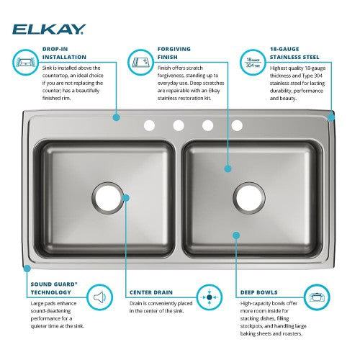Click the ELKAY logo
(x=49, y=30)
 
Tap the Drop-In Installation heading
(x=64, y=53)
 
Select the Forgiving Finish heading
(x=174, y=53)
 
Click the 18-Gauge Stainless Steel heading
(x=294, y=53)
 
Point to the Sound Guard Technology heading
(x=54, y=288)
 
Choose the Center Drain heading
(x=151, y=292)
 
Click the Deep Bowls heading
(x=258, y=292)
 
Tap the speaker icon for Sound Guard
(x=99, y=297)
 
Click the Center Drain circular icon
(x=210, y=297)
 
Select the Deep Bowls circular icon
(x=317, y=297)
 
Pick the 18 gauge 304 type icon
(x=253, y=62)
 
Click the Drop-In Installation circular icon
(x=25, y=62)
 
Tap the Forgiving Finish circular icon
(x=140, y=62)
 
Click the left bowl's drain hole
(x=108, y=198)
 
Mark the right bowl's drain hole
(x=249, y=198)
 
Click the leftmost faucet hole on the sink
(x=149, y=125)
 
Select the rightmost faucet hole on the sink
(x=237, y=125)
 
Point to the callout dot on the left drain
(x=126, y=198)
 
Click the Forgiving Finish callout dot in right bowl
(x=228, y=168)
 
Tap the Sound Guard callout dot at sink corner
(x=27, y=269)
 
